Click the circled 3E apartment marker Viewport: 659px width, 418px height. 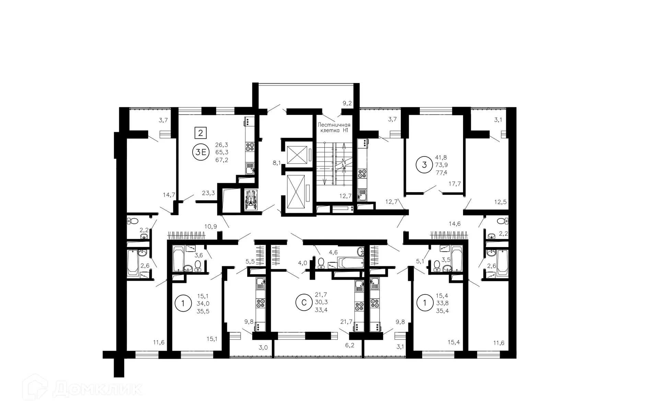201,152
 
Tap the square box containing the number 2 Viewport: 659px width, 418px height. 200,132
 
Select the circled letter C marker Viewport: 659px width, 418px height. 304,303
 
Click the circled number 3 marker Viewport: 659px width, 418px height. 424,165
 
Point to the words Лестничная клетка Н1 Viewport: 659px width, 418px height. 334,128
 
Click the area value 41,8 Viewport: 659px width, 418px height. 441,158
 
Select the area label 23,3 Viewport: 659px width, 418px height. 208,193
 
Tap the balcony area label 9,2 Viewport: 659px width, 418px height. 347,103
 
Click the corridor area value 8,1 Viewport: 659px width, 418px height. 277,163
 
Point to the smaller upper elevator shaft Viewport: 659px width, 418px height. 296,154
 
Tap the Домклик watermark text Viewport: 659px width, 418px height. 98,389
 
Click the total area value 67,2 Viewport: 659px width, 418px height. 222,160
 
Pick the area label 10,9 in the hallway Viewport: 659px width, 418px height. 210,227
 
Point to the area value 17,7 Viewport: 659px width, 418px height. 455,184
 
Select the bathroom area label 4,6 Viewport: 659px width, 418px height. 333,253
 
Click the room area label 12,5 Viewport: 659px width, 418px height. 500,202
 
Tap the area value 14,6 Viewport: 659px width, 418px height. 454,224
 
